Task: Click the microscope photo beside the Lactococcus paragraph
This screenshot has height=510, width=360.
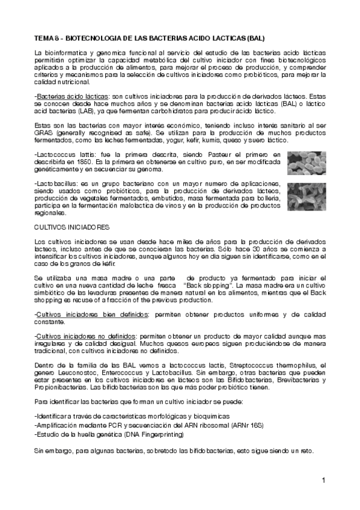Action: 305,162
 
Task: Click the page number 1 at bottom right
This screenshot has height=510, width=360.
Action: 323,480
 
